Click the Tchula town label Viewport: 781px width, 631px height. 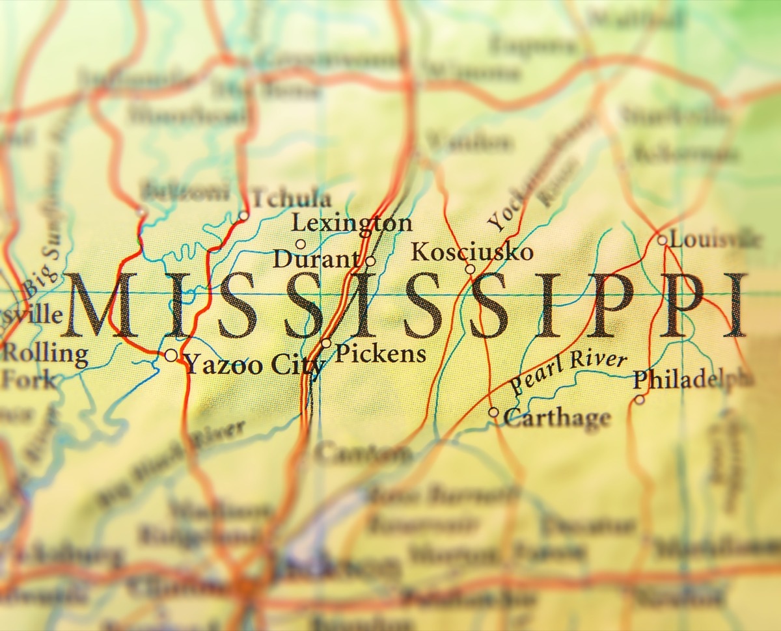(x=291, y=198)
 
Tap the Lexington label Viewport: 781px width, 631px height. (x=351, y=223)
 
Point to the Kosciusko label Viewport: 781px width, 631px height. (x=473, y=252)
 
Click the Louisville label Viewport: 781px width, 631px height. (x=714, y=239)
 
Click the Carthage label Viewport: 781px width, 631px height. (x=557, y=418)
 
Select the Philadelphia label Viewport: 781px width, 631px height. (x=692, y=379)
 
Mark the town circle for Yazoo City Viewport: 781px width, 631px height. (x=171, y=355)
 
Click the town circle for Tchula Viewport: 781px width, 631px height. (x=243, y=216)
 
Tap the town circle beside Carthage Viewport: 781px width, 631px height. (x=494, y=412)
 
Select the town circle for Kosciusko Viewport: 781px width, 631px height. (x=470, y=269)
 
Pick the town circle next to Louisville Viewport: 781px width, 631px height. (x=662, y=240)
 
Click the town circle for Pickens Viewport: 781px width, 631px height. (x=326, y=343)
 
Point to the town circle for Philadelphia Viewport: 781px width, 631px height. (x=640, y=399)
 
